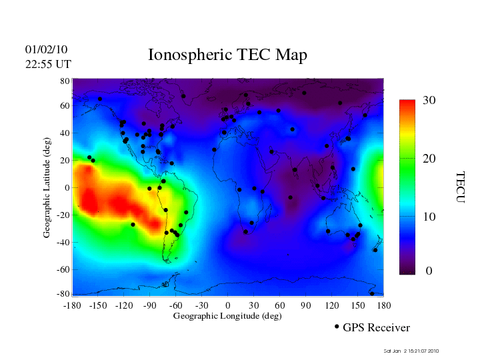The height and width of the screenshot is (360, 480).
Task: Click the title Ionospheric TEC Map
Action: point(227,55)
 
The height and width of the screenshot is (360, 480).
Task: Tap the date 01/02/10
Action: point(46,50)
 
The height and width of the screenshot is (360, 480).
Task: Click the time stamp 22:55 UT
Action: point(47,64)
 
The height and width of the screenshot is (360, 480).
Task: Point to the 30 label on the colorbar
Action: point(429,101)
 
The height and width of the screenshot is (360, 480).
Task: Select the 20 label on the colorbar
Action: point(429,159)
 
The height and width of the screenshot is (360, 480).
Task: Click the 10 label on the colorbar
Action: point(429,217)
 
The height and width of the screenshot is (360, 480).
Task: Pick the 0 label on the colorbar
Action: point(429,271)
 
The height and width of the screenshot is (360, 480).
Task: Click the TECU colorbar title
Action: point(459,187)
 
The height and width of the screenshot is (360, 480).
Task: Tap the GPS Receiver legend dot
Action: point(337,327)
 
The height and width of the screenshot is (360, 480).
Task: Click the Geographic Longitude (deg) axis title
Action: point(227,316)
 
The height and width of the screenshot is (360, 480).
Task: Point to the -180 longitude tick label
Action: point(71,305)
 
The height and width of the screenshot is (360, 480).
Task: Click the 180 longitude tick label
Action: point(383,305)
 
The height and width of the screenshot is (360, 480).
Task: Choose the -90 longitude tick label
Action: point(150,305)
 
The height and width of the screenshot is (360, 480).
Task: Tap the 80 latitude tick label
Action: point(65,81)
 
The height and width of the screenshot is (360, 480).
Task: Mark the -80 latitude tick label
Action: point(63,294)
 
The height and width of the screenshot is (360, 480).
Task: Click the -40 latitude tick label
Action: point(63,242)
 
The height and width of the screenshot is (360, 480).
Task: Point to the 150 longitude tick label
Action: point(357,305)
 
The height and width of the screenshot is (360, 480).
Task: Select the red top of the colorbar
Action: point(407,104)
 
